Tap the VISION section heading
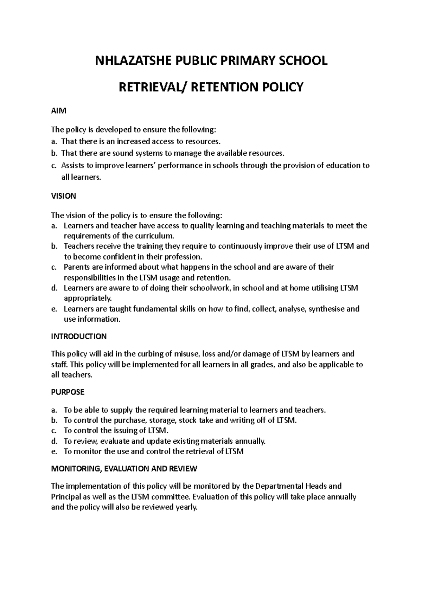click(63, 196)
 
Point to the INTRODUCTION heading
click(79, 336)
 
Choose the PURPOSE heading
click(68, 392)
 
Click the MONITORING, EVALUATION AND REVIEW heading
click(124, 469)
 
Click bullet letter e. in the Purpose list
click(54, 451)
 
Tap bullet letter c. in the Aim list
click(53, 166)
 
